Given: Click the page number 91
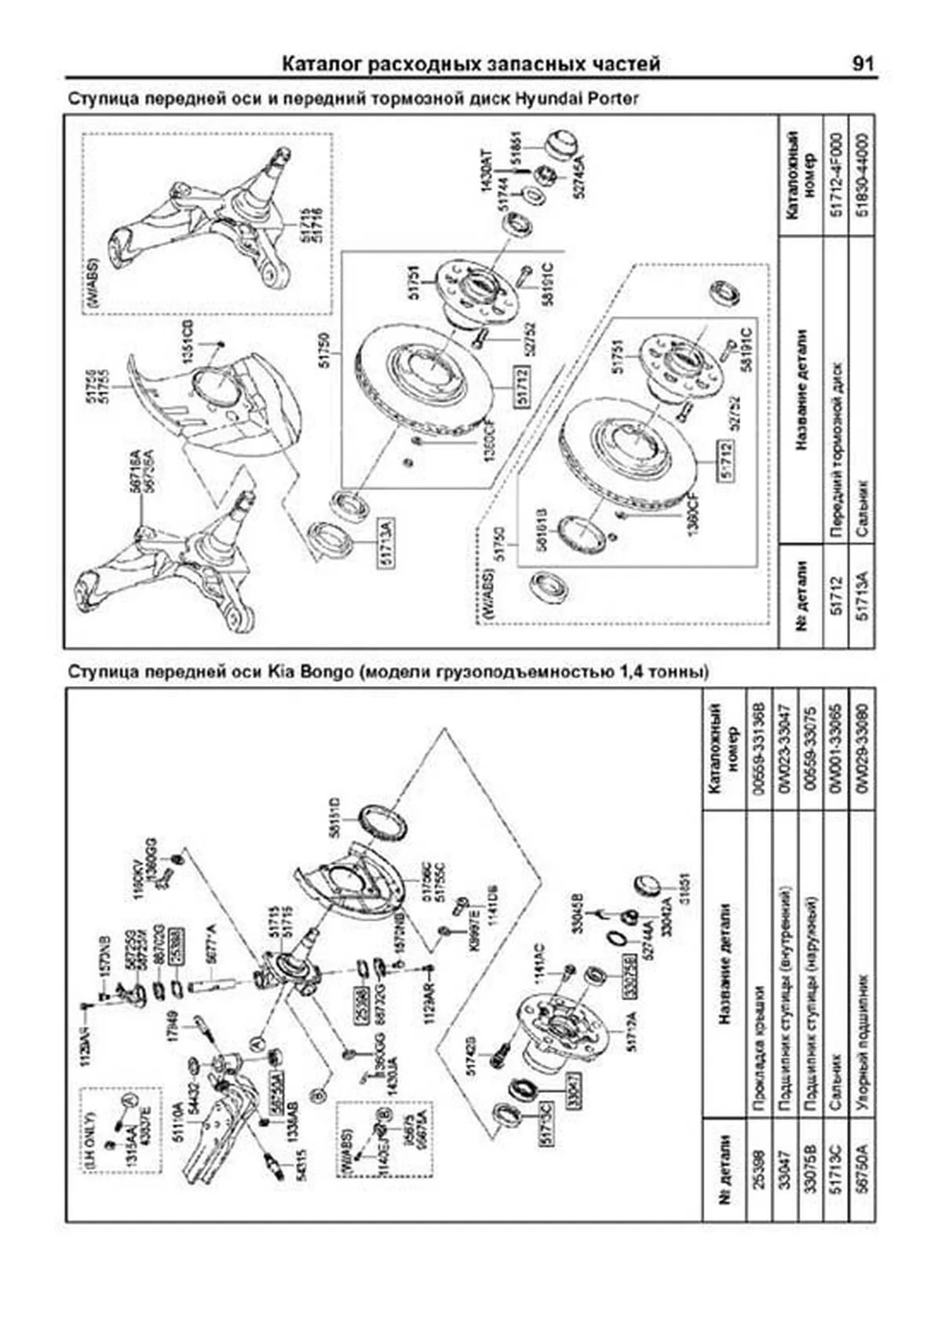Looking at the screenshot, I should [x=861, y=64].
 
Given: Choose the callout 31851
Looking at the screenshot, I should [x=683, y=887].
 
